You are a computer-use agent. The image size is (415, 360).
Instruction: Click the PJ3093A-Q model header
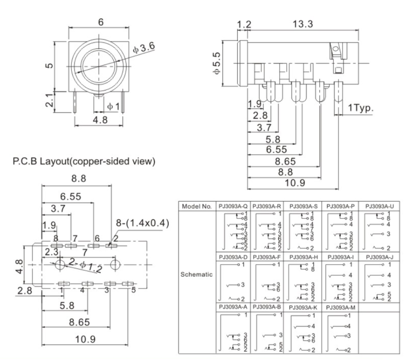pyautogui.click(x=233, y=207)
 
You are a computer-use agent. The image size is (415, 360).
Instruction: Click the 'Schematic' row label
pyautogui.click(x=197, y=274)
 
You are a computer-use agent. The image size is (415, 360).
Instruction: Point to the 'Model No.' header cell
pyautogui.click(x=197, y=207)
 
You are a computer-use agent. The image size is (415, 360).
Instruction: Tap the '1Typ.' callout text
pyautogui.click(x=360, y=109)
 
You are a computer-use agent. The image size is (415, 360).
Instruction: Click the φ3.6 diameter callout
pyautogui.click(x=144, y=49)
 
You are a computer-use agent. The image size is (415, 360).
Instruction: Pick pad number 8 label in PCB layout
pyautogui.click(x=55, y=239)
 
